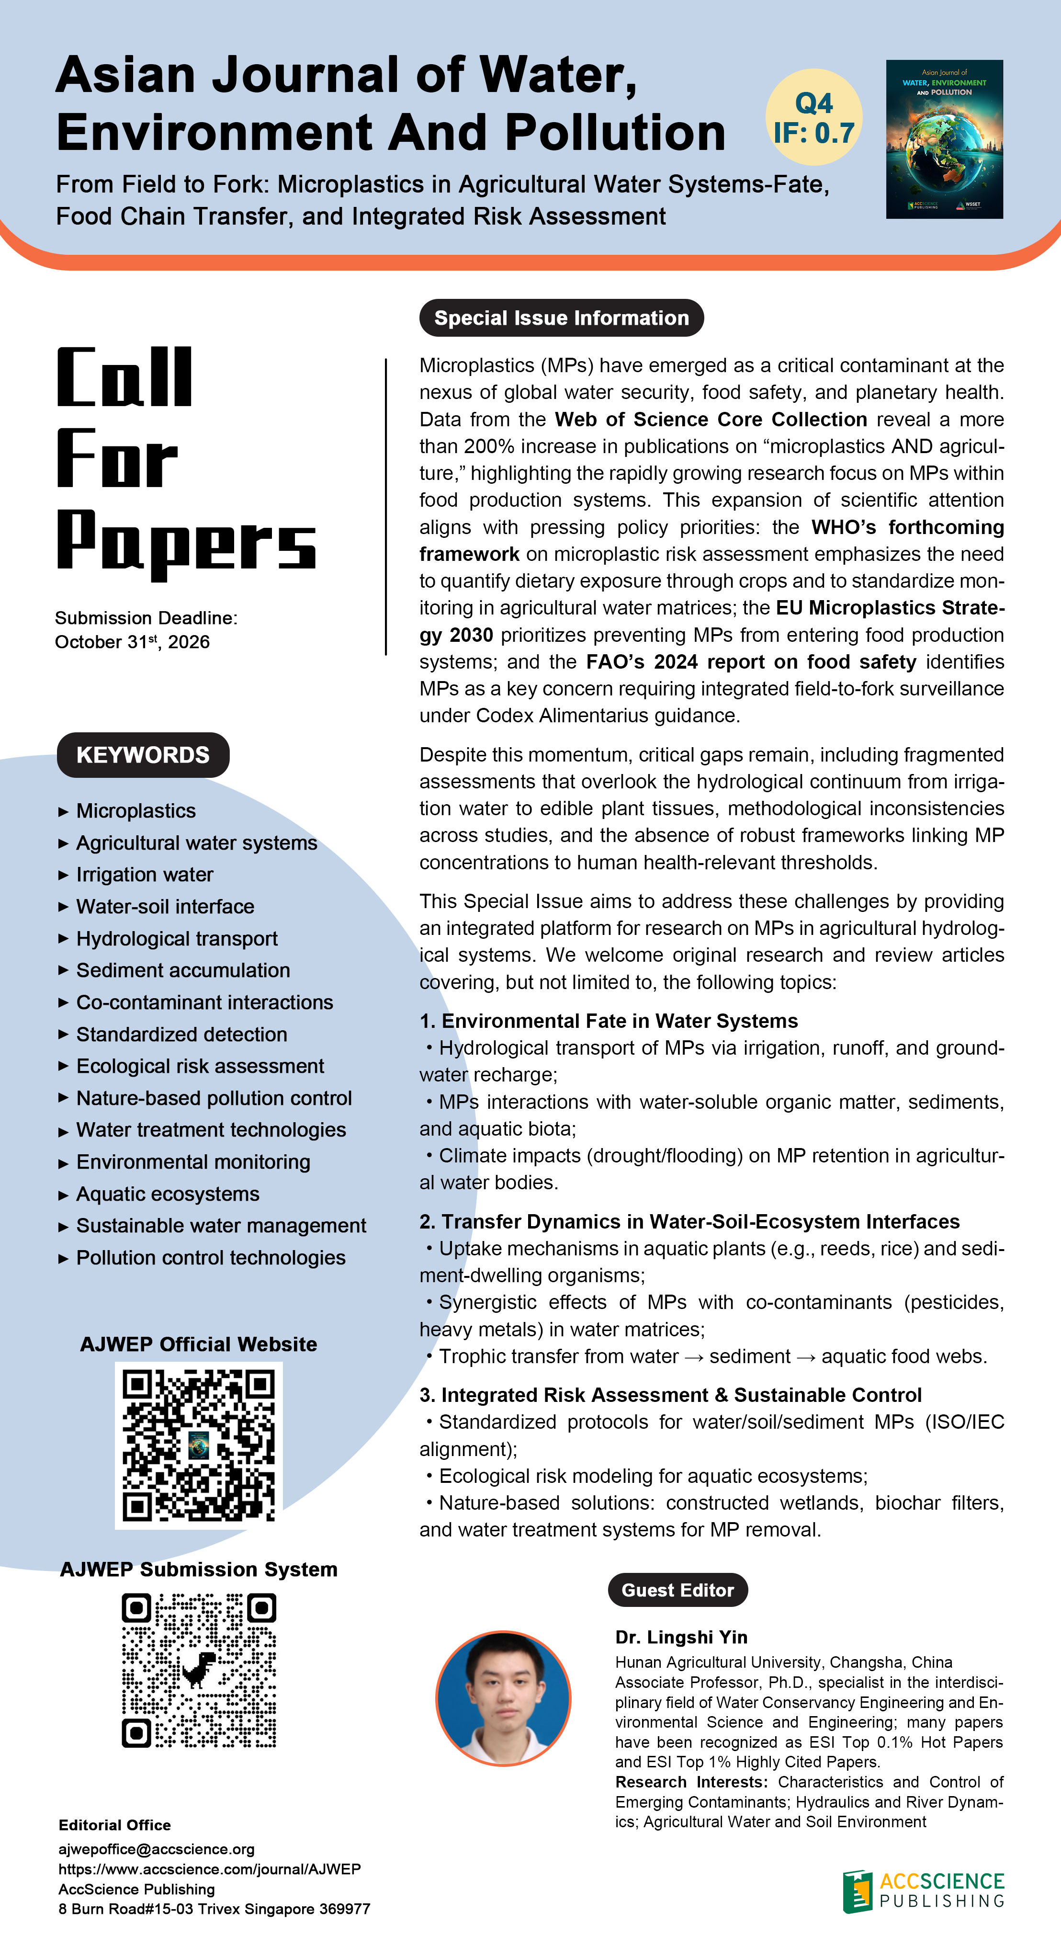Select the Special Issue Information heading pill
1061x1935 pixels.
[x=561, y=318]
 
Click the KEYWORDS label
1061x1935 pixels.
[x=143, y=755]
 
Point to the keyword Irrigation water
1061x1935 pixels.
[x=144, y=875]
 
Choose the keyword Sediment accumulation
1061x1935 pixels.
[x=182, y=970]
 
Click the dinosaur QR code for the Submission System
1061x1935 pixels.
[x=198, y=1671]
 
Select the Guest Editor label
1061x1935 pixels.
[x=677, y=1590]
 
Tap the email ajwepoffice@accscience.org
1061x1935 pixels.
[x=156, y=1849]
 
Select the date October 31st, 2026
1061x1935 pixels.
[x=132, y=642]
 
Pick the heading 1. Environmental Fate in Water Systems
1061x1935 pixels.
[x=608, y=1021]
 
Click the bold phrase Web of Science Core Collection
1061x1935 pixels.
[x=711, y=419]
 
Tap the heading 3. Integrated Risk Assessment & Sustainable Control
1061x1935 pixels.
[x=670, y=1395]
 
